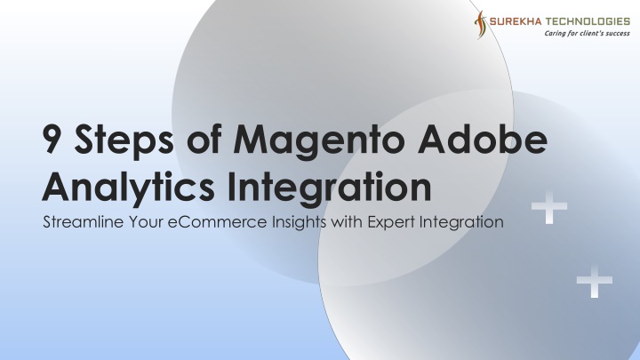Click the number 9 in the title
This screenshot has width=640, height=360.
[x=52, y=139]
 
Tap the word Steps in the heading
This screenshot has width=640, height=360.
[x=124, y=140]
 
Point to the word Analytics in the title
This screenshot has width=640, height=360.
[x=128, y=188]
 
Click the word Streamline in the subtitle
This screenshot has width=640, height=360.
[x=84, y=222]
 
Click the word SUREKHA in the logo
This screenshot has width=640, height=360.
[x=515, y=21]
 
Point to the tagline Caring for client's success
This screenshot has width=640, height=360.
[x=587, y=33]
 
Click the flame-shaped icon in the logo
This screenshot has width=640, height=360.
[x=480, y=25]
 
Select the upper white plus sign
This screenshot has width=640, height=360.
[x=549, y=207]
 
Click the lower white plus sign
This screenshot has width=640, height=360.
[x=595, y=281]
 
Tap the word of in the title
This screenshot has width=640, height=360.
[x=204, y=139]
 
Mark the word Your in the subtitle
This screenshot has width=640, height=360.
[x=146, y=222]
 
